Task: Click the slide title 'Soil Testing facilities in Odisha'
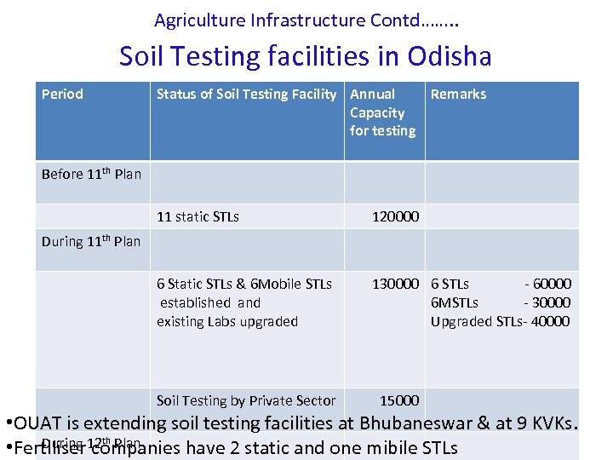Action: point(306,56)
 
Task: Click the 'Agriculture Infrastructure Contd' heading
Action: point(306,19)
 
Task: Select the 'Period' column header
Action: point(62,95)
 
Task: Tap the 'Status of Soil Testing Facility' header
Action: point(246,95)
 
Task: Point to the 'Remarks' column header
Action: point(458,95)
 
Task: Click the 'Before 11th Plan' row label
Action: point(91,175)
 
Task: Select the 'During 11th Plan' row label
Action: point(91,242)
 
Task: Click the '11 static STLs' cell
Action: point(198,217)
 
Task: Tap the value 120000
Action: point(395,217)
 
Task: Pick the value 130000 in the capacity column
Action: point(395,285)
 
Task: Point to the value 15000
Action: point(398,400)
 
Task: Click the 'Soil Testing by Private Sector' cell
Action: point(245,400)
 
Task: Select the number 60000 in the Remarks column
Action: point(552,285)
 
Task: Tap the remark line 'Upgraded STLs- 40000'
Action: point(501,322)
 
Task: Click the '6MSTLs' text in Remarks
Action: point(455,303)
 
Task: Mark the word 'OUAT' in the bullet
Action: point(39,423)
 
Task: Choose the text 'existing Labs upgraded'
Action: point(227,322)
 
